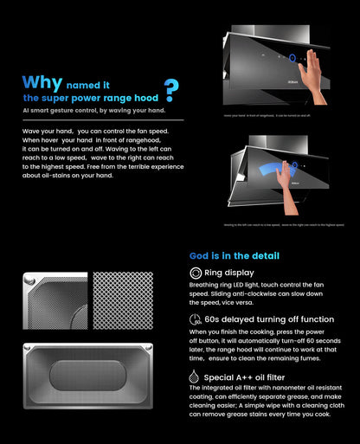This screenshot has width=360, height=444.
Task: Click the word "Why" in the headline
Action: (42, 84)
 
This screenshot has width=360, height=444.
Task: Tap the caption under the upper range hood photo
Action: (270, 115)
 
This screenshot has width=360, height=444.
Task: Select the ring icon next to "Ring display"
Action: (196, 273)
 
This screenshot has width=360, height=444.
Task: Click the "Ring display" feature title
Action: (229, 273)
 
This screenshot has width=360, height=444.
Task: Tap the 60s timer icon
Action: (196, 319)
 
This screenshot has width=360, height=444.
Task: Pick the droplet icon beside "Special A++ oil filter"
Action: (196, 377)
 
